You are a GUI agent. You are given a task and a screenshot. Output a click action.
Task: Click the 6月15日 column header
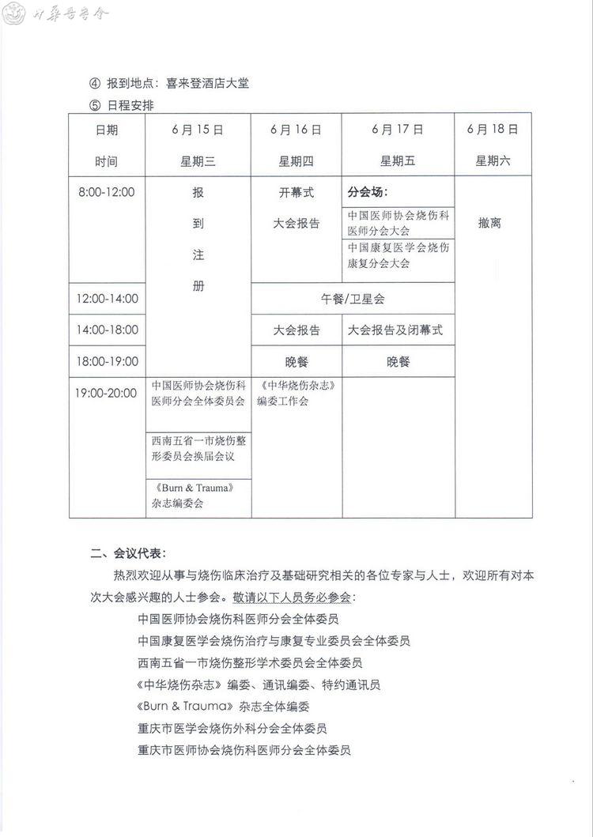[198, 130]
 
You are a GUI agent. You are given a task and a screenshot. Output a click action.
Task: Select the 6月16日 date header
[296, 130]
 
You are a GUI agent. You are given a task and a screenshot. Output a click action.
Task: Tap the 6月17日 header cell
[398, 130]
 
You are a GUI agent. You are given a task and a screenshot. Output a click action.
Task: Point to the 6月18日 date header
[493, 129]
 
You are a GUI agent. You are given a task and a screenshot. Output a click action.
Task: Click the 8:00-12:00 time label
[107, 192]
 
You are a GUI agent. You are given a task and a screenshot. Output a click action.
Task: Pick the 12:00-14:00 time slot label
[107, 299]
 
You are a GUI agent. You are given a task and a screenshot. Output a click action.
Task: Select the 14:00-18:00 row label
[107, 330]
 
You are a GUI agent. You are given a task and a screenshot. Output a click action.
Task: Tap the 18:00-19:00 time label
[107, 362]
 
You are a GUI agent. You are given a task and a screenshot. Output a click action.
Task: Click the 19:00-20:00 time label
[107, 393]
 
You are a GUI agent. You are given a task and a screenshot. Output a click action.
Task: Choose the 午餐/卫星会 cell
[353, 299]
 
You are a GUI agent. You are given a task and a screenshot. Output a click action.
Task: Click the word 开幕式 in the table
[296, 192]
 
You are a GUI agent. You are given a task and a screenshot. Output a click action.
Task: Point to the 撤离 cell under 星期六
[490, 224]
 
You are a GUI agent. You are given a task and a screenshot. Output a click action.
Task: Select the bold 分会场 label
[368, 192]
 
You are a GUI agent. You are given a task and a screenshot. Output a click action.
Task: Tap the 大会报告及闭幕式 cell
[395, 330]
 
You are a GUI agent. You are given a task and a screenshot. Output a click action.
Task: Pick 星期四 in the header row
[296, 161]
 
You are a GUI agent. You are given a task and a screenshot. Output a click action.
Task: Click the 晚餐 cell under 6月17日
[398, 362]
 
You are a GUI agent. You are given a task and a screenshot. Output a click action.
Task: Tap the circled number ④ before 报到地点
[96, 83]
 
